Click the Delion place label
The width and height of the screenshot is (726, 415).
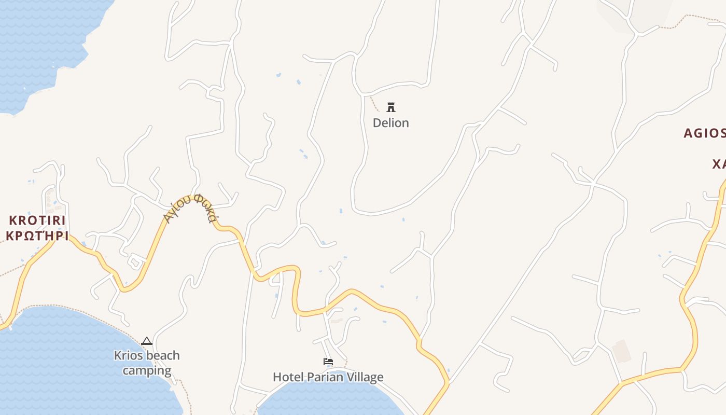(391, 123)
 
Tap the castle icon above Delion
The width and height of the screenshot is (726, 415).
(391, 107)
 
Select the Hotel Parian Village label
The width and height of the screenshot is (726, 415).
(328, 377)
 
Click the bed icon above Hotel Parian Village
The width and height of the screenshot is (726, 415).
(328, 362)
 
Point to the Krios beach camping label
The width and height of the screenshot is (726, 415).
(147, 363)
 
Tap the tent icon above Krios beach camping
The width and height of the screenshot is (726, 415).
(147, 341)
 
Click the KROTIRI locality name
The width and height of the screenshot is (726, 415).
(37, 220)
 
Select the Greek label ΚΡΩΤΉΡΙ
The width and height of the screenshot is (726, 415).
(37, 236)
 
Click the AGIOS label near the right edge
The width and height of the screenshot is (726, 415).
(704, 133)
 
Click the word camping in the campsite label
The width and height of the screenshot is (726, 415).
(147, 370)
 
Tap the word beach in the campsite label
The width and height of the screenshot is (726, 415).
(160, 356)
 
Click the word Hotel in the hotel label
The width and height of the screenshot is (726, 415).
(287, 377)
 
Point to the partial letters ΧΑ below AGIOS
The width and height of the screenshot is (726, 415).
(719, 164)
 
